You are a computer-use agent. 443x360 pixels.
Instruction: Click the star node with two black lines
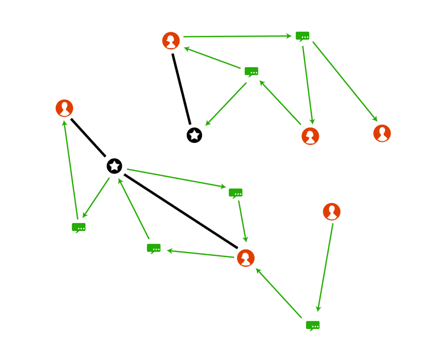pyautogui.click(x=115, y=166)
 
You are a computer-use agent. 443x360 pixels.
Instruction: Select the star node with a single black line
pyautogui.click(x=194, y=135)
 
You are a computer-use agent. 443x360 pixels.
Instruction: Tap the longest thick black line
pyautogui.click(x=181, y=211)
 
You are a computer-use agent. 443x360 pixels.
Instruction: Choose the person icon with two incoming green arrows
pyautogui.click(x=245, y=258)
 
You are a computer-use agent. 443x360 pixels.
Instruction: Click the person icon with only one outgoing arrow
pyautogui.click(x=331, y=212)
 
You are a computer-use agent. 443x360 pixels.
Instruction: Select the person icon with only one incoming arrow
pyautogui.click(x=382, y=133)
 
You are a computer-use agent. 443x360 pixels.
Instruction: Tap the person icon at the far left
pyautogui.click(x=65, y=108)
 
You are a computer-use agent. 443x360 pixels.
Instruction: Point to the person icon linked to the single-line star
pyautogui.click(x=171, y=40)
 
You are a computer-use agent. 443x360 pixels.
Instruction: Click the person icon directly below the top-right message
pyautogui.click(x=310, y=136)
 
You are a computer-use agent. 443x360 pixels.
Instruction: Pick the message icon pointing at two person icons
pyautogui.click(x=302, y=36)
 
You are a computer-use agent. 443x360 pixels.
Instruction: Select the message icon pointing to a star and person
pyautogui.click(x=251, y=71)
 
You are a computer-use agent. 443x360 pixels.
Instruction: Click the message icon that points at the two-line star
pyautogui.click(x=153, y=248)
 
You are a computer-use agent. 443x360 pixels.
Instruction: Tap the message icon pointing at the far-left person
pyautogui.click(x=79, y=227)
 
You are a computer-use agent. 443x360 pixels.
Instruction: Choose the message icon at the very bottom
pyautogui.click(x=313, y=325)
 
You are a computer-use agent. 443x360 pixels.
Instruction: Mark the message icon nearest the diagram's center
pyautogui.click(x=236, y=193)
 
